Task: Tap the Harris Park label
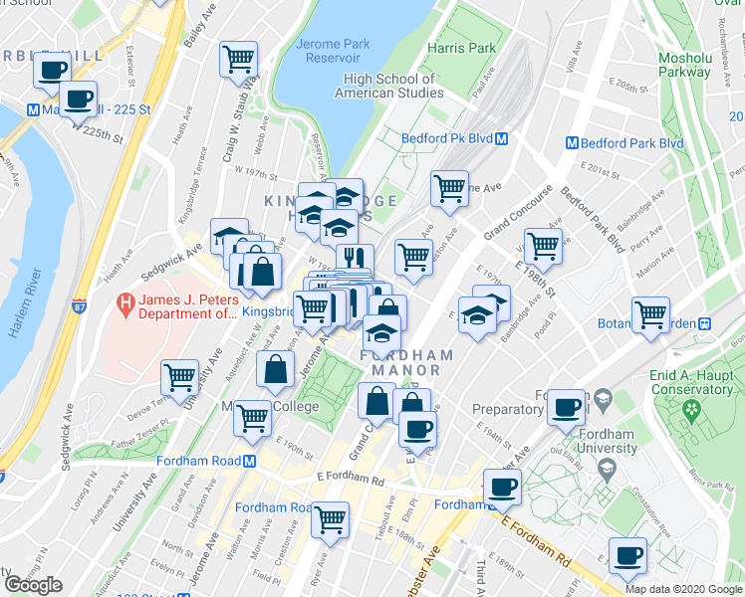pyautogui.click(x=461, y=48)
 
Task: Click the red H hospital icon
pyautogui.click(x=126, y=301)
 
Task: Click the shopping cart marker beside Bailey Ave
pyautogui.click(x=238, y=59)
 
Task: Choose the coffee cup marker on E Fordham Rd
pyautogui.click(x=502, y=487)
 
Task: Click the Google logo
pyautogui.click(x=33, y=585)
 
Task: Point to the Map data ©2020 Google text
pyautogui.click(x=682, y=589)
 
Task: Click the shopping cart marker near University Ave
pyautogui.click(x=179, y=377)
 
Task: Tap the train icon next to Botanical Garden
pyautogui.click(x=704, y=323)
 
